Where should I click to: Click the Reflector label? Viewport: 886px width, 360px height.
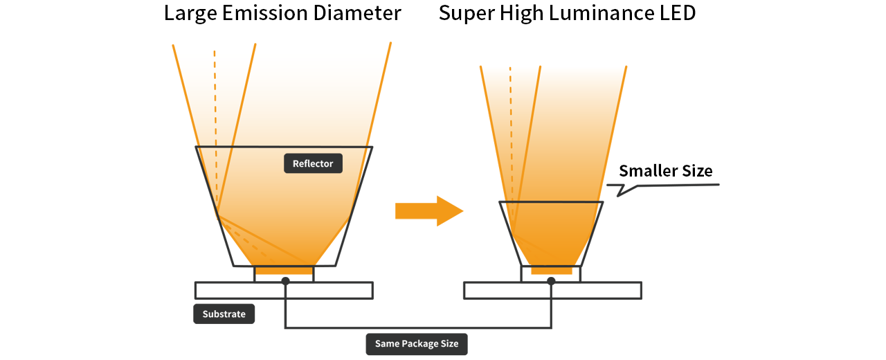click(313, 163)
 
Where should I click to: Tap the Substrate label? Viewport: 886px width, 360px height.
click(224, 314)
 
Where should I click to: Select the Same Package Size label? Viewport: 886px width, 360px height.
click(417, 343)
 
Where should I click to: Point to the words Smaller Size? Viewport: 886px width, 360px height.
click(665, 171)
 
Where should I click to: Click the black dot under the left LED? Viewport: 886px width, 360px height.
click(285, 281)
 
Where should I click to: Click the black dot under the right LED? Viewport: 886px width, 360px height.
click(551, 281)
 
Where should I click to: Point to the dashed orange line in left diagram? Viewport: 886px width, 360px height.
click(215, 104)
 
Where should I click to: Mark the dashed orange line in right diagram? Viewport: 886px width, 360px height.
click(511, 125)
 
